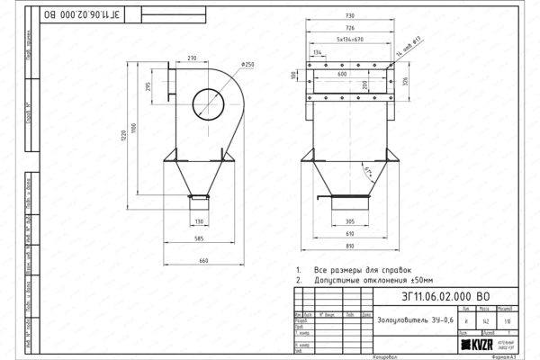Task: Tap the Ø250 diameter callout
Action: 248,65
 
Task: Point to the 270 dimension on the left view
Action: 192,57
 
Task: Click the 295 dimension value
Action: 148,87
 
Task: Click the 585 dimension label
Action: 200,239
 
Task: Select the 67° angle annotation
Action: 368,169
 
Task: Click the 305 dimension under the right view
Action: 350,221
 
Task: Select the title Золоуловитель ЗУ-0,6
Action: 409,320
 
